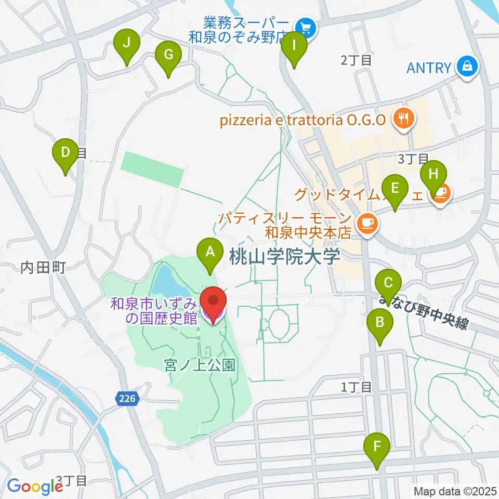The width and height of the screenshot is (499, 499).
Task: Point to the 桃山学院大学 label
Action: [x=284, y=256]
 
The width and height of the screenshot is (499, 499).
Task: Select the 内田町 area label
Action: [x=43, y=268]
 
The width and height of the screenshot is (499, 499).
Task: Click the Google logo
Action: [x=35, y=486]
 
